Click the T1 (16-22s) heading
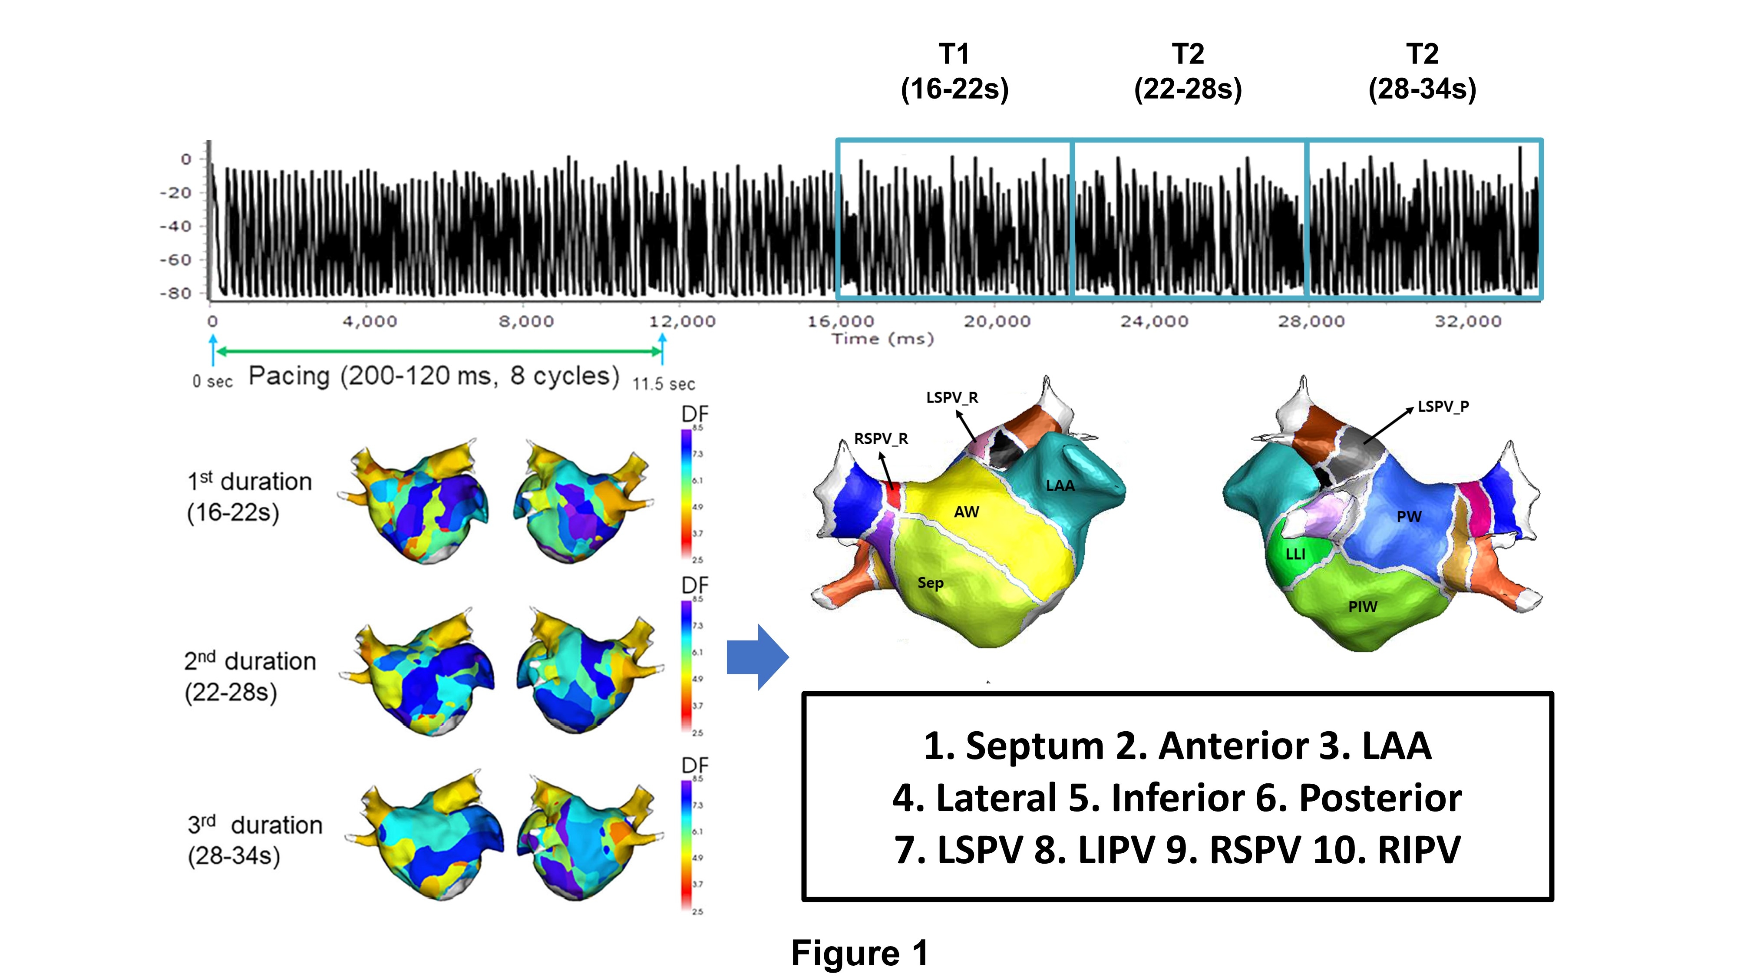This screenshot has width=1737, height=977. point(954,72)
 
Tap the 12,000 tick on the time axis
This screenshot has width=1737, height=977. point(682,322)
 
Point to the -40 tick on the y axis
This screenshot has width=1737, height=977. point(175,227)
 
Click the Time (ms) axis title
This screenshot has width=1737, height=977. point(883,339)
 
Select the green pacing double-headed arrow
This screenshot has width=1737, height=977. point(438,351)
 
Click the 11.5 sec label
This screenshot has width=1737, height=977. point(664,384)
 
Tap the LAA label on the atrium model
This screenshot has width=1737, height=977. point(1060,485)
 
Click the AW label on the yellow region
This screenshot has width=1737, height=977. point(966,512)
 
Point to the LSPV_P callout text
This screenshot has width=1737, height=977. point(1443,406)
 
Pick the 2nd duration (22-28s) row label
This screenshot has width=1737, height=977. point(250,676)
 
